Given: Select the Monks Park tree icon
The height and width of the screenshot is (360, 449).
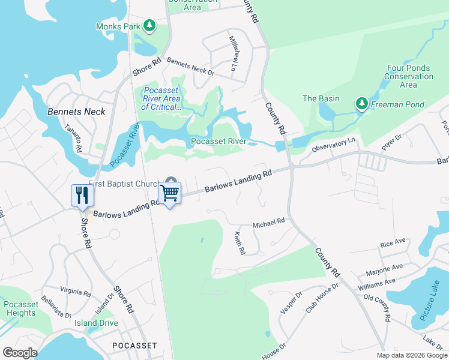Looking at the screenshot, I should pos(149,26).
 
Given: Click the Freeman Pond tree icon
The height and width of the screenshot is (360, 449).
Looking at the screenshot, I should pos(361,104).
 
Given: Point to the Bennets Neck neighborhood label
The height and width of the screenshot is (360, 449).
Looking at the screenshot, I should pos(76,112).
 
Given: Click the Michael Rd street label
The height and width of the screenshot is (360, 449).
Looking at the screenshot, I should pos(268,223).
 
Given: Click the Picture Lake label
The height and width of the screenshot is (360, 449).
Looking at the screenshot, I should pos(433,306).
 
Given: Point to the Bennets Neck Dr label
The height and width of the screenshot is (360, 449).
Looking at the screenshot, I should pos(190,67).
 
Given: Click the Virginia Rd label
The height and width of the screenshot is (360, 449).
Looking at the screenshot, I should pos(75,292).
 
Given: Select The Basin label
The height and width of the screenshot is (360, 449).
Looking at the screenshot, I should pos(321,99).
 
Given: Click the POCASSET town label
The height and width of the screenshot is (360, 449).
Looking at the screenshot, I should pos(134,346).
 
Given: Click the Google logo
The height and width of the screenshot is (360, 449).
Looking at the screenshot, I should pos(20,353).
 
